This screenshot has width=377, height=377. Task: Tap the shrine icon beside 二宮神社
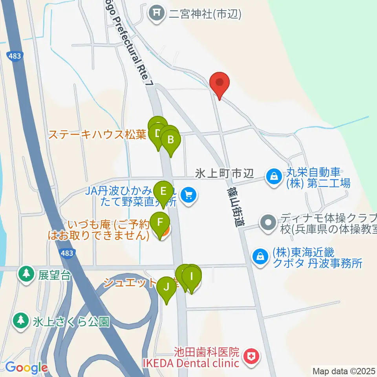[x=157, y=15]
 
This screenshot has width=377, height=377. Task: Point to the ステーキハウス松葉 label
[x=97, y=135]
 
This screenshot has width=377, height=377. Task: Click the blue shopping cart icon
[x=188, y=194]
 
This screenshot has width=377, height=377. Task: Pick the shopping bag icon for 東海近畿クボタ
[x=260, y=256]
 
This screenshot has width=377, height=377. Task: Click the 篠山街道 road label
[x=236, y=206]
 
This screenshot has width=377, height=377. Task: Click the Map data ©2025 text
[x=344, y=370]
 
